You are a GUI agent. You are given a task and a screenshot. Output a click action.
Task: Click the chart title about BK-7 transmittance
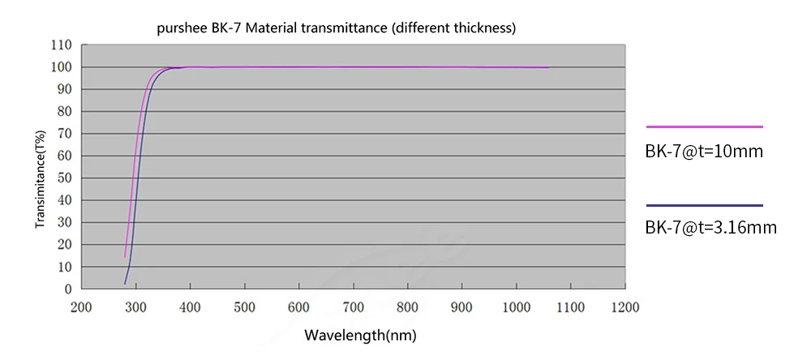[337, 28]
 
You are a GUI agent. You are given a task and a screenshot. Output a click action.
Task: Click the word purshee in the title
[182, 29]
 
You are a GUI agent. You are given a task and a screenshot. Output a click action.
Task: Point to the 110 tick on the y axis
[62, 45]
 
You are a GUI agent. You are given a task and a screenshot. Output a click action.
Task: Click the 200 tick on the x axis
[81, 307]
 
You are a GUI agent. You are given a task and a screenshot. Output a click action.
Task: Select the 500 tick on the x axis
[244, 307]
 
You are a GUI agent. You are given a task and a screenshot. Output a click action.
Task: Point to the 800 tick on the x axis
[407, 307]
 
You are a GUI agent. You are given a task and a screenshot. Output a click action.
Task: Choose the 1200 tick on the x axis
[625, 307]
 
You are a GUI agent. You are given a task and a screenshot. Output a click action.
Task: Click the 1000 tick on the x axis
[517, 307]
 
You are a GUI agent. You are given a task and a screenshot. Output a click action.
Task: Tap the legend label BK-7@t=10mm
[704, 151]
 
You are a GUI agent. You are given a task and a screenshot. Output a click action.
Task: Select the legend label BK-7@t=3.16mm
[710, 229]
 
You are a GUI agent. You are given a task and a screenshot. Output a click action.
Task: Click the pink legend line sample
[704, 127]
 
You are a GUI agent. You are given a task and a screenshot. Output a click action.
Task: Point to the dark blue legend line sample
[704, 205]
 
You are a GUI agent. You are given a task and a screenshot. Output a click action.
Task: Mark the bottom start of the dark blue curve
[124, 284]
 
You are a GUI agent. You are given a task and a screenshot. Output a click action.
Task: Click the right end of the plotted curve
[549, 67]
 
